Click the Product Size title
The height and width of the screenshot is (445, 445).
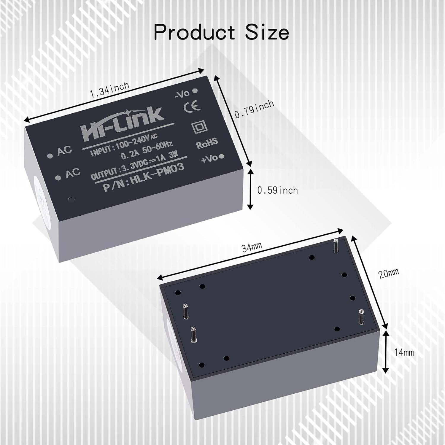click(x=221, y=32)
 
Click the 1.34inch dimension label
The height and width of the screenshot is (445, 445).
click(x=109, y=90)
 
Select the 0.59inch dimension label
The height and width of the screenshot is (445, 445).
click(x=277, y=190)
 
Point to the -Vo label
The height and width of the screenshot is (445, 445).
click(x=182, y=93)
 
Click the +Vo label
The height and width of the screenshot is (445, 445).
click(x=209, y=158)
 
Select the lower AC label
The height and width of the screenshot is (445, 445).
click(x=72, y=173)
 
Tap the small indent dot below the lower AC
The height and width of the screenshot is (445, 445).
click(x=70, y=199)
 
